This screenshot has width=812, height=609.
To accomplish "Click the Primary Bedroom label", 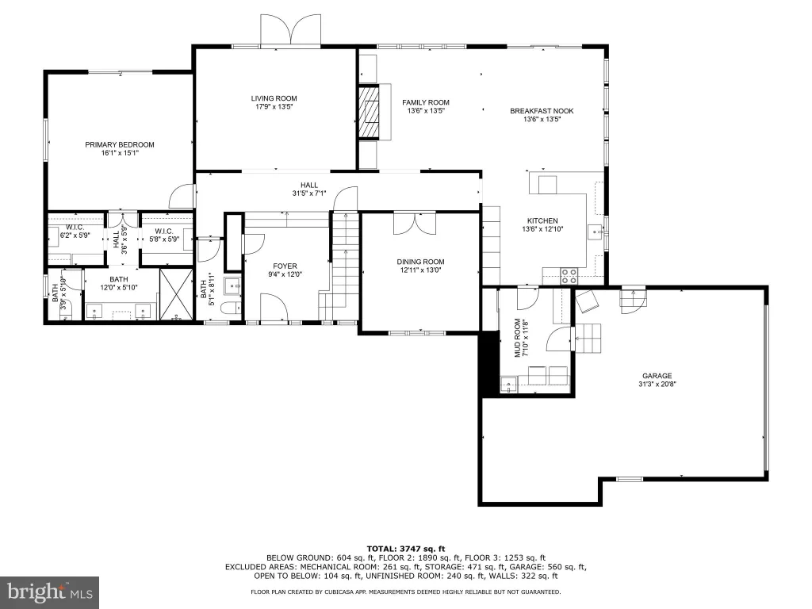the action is (120, 144).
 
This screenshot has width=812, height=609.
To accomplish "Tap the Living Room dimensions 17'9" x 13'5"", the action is (274, 107).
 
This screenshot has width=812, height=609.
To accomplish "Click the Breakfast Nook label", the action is (542, 111).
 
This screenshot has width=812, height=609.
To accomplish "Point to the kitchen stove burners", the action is (569, 275).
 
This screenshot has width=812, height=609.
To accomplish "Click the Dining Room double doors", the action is (414, 224).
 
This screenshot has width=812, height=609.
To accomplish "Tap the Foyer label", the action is (285, 266).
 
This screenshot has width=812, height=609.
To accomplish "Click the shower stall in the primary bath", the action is (176, 294).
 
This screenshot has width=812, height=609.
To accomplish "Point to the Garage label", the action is (657, 376).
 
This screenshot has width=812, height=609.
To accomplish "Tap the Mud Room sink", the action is (508, 385).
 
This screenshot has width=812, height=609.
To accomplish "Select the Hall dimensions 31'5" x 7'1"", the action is (309, 193).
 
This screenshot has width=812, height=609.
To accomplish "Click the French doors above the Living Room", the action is (290, 30).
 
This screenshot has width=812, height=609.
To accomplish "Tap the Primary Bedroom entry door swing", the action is (182, 197).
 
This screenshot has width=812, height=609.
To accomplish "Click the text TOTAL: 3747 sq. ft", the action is (405, 549).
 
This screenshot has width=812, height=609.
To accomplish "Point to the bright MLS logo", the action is (50, 592).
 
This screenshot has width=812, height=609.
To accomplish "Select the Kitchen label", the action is (542, 220).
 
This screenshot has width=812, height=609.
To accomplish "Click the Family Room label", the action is (426, 102).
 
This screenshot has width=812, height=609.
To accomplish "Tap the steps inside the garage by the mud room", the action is (588, 338).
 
